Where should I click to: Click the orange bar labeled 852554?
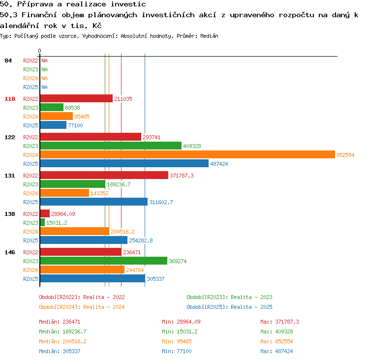[x=187, y=154]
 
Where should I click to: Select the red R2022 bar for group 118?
[x=76, y=98]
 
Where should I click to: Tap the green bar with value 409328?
[x=111, y=146]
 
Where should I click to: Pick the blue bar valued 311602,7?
[x=94, y=202]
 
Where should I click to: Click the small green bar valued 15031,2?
[x=43, y=222]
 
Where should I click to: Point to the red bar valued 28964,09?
[x=45, y=213]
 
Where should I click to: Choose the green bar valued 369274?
[x=104, y=261]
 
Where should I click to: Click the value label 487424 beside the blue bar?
[x=219, y=164]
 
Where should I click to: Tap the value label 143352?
[x=99, y=193]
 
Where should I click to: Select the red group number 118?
[x=10, y=99]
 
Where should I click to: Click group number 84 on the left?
[x=8, y=60]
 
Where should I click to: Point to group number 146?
[x=10, y=252]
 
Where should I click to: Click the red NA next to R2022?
[x=44, y=60]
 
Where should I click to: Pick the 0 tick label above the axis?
[x=39, y=51]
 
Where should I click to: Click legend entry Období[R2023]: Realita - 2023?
[x=229, y=297]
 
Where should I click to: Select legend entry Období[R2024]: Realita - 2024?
[x=82, y=307]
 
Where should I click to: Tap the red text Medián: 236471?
[x=60, y=322]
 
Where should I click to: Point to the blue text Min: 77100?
[x=177, y=351]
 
